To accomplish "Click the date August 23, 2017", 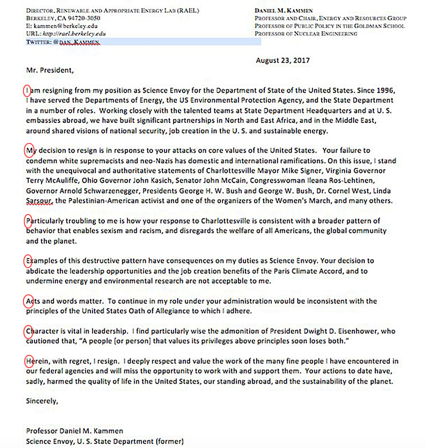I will (282, 60).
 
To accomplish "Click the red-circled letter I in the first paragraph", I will (28, 91).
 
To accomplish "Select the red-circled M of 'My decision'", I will (29, 151).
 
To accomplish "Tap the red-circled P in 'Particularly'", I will (28, 221).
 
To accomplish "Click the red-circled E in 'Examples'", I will (28, 261).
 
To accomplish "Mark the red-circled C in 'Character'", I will (28, 331).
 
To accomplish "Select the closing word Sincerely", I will (42, 401).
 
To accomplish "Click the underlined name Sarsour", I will (39, 201).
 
